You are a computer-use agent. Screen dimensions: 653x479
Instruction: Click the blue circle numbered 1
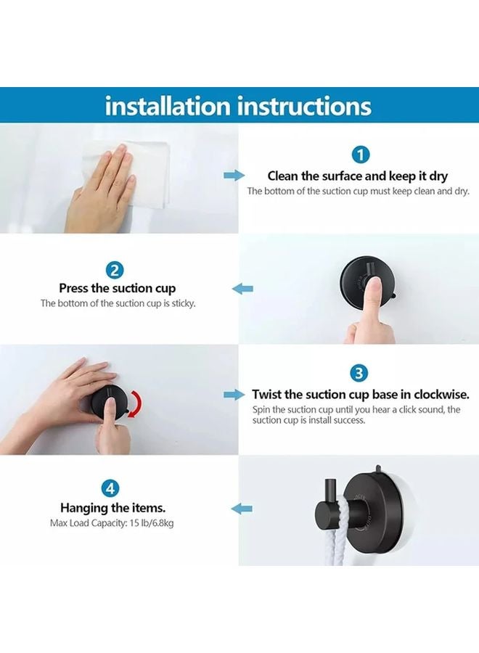click(x=360, y=154)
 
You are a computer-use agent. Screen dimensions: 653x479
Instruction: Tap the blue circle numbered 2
click(x=115, y=270)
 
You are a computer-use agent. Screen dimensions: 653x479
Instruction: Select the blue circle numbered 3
click(x=359, y=374)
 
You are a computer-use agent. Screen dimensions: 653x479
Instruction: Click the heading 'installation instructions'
click(x=238, y=106)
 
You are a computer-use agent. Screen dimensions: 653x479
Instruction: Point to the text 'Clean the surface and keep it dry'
click(x=358, y=176)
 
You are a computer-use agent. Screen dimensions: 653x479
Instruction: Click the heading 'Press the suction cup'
click(x=118, y=288)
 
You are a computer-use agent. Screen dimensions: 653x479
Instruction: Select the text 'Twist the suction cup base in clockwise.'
click(x=360, y=395)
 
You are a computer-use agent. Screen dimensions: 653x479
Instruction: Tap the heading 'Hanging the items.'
click(x=112, y=508)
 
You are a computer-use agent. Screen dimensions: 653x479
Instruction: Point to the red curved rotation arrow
click(x=136, y=403)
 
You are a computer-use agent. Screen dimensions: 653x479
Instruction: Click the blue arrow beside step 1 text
click(x=234, y=176)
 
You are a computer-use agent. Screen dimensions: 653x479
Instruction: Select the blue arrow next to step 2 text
click(x=242, y=289)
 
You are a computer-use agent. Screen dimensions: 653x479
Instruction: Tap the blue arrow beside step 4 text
click(x=242, y=509)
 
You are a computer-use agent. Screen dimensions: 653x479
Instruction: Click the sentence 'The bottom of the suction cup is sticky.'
click(x=118, y=303)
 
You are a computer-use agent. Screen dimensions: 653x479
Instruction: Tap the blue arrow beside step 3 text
click(x=234, y=395)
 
